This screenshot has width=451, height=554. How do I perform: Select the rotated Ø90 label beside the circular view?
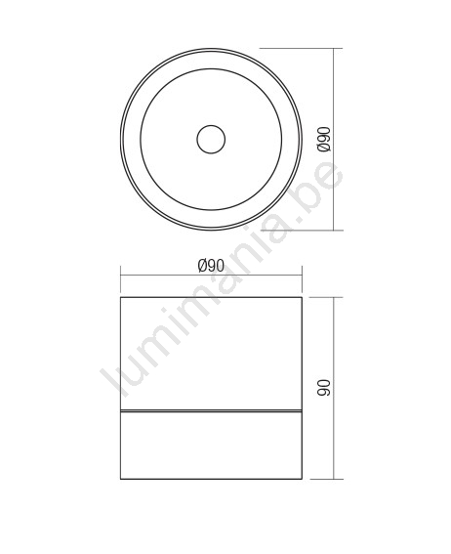click(324, 139)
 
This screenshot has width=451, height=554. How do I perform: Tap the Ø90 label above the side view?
click(211, 266)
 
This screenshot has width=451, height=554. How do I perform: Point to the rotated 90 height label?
click(324, 388)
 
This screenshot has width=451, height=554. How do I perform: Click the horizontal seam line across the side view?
click(211, 411)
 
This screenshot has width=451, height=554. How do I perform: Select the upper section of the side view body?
click(211, 354)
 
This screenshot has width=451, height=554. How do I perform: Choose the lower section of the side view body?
click(211, 446)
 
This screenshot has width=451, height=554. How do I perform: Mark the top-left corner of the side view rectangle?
click(121, 297)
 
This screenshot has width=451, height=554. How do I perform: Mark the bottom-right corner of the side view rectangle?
click(302, 479)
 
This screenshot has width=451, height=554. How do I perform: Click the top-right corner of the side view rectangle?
click(302, 297)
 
